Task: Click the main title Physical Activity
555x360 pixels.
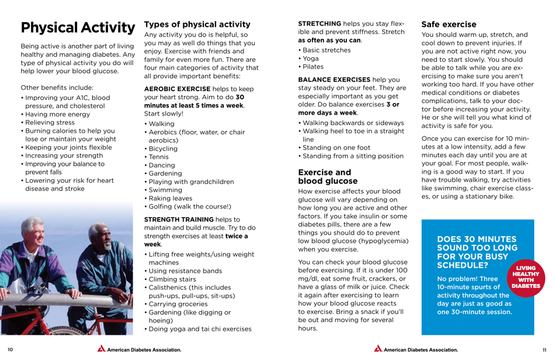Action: [x=78, y=27]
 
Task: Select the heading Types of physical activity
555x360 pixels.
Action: [x=197, y=25]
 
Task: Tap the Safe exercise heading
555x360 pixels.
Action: [x=449, y=25]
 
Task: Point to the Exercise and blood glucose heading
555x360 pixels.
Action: [x=327, y=176]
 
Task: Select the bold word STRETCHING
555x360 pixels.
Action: [x=320, y=23]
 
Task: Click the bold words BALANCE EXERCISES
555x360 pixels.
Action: [x=334, y=79]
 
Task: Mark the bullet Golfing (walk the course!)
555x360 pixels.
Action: [x=189, y=206]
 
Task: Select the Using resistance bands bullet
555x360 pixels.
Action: [x=185, y=271]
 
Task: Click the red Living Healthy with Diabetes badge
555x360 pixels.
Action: [x=526, y=276]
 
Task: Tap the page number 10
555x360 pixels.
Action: [x=10, y=349]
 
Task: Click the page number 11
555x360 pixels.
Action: [x=544, y=349]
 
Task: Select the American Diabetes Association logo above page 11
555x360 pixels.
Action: [x=416, y=349]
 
